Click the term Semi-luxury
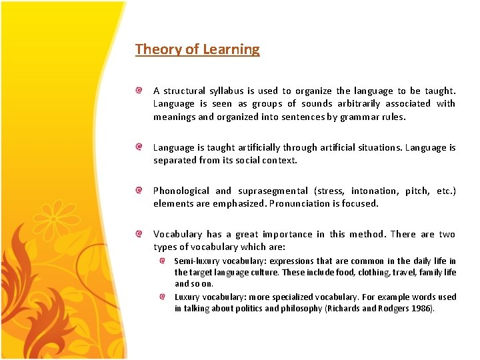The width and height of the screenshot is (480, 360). click(195, 261)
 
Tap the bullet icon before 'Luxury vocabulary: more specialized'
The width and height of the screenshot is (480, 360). click(163, 297)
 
